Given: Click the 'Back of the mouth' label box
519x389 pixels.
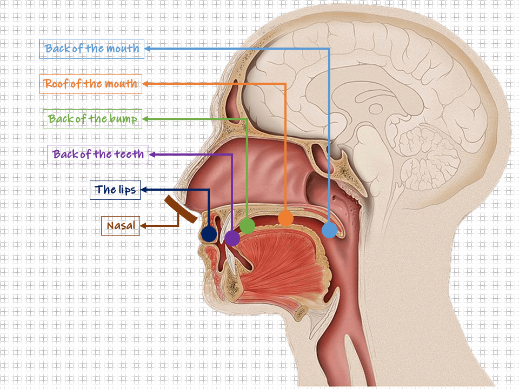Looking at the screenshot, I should (92, 49).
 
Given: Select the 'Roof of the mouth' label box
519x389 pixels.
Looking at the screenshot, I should (91, 84).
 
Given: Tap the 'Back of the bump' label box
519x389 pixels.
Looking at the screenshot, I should (92, 119).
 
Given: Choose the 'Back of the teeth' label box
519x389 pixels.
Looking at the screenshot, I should (98, 155).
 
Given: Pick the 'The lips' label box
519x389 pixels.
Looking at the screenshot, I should (115, 190).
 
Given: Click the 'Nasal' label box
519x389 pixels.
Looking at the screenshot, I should (120, 225).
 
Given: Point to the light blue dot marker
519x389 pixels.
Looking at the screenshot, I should (329, 231).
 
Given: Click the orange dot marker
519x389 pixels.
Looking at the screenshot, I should (285, 218).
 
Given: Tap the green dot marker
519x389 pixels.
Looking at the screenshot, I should (247, 226).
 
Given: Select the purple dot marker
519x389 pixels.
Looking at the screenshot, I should (232, 237).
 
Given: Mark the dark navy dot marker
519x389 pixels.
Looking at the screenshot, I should (209, 234).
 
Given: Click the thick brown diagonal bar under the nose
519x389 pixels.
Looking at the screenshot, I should (181, 209).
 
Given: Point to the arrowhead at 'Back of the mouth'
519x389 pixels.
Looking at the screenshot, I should (148, 49).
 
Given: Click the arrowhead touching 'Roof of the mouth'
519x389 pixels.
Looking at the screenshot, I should (145, 84).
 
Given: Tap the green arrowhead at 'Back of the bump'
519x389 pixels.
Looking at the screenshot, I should (145, 119).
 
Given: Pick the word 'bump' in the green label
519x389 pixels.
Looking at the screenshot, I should (125, 119).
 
